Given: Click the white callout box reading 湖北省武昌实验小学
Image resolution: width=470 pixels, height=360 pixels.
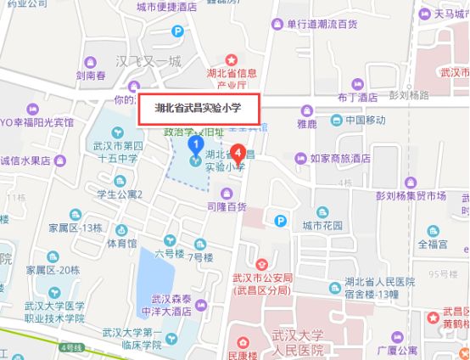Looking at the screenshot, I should (199, 109).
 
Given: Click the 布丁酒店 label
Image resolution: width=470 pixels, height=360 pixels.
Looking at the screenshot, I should (355, 98).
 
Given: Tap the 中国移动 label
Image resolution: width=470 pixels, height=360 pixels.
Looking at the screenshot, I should (365, 120).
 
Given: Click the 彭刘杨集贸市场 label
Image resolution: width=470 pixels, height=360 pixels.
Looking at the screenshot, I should (411, 196).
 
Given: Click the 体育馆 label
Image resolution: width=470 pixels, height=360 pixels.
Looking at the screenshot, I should (121, 243).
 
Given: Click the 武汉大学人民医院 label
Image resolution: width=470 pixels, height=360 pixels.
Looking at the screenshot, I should (301, 345).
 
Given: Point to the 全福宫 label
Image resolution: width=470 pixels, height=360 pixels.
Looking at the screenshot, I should (431, 243).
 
